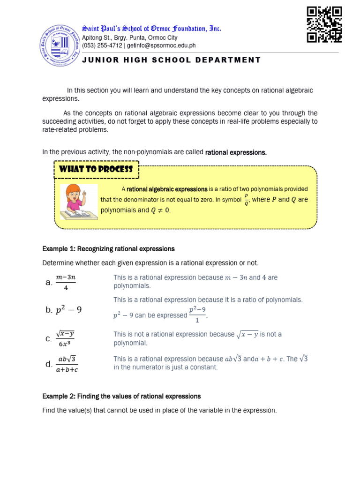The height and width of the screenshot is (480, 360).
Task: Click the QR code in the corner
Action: point(324,24)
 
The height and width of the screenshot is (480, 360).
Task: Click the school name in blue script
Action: point(151,29)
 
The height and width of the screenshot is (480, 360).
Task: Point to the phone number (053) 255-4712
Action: point(102,45)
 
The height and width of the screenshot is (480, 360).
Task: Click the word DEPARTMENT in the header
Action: point(228,60)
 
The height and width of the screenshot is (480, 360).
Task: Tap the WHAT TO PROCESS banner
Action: point(97,169)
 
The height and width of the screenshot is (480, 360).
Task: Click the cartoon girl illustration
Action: point(79,202)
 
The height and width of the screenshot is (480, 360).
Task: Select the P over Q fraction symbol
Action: point(246,200)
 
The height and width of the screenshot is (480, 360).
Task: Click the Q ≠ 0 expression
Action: point(160,210)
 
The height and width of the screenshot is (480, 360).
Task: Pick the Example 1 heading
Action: point(108,249)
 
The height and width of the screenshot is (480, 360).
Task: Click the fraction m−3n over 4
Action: point(66,283)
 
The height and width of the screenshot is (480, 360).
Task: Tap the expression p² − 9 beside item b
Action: point(68,310)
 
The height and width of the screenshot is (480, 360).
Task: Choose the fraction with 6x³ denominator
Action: point(65,338)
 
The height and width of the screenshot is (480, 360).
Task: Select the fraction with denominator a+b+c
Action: point(67,364)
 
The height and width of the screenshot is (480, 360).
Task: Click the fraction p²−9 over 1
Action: point(197,315)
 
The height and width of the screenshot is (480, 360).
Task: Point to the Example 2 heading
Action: point(121,397)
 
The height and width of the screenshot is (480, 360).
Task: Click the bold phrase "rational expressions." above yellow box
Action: point(236,152)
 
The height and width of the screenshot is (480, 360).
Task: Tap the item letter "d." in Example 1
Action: point(48,364)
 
